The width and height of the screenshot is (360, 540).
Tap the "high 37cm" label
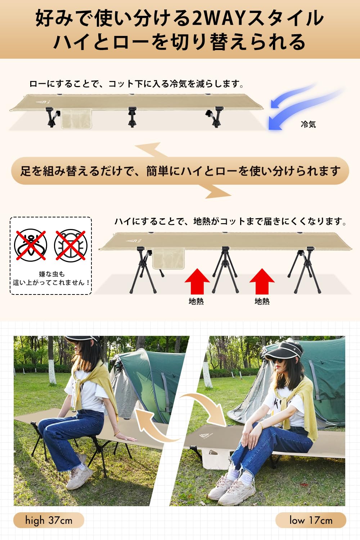pos(49,520)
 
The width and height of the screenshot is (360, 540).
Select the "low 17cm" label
pos(311,520)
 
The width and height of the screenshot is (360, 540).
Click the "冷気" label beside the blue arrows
pos(308,124)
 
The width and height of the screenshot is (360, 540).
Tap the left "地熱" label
pos(196,301)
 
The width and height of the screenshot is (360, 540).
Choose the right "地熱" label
pos(262,301)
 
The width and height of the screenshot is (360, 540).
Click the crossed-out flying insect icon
pos(31,245)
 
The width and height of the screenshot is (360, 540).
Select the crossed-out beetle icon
pos(71,245)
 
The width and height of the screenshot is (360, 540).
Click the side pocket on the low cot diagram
pos(76,119)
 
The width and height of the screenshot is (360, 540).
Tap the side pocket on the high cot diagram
pos(168,258)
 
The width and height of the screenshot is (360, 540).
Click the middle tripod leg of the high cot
pos(225,268)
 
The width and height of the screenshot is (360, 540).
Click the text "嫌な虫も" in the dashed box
pos(51,274)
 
